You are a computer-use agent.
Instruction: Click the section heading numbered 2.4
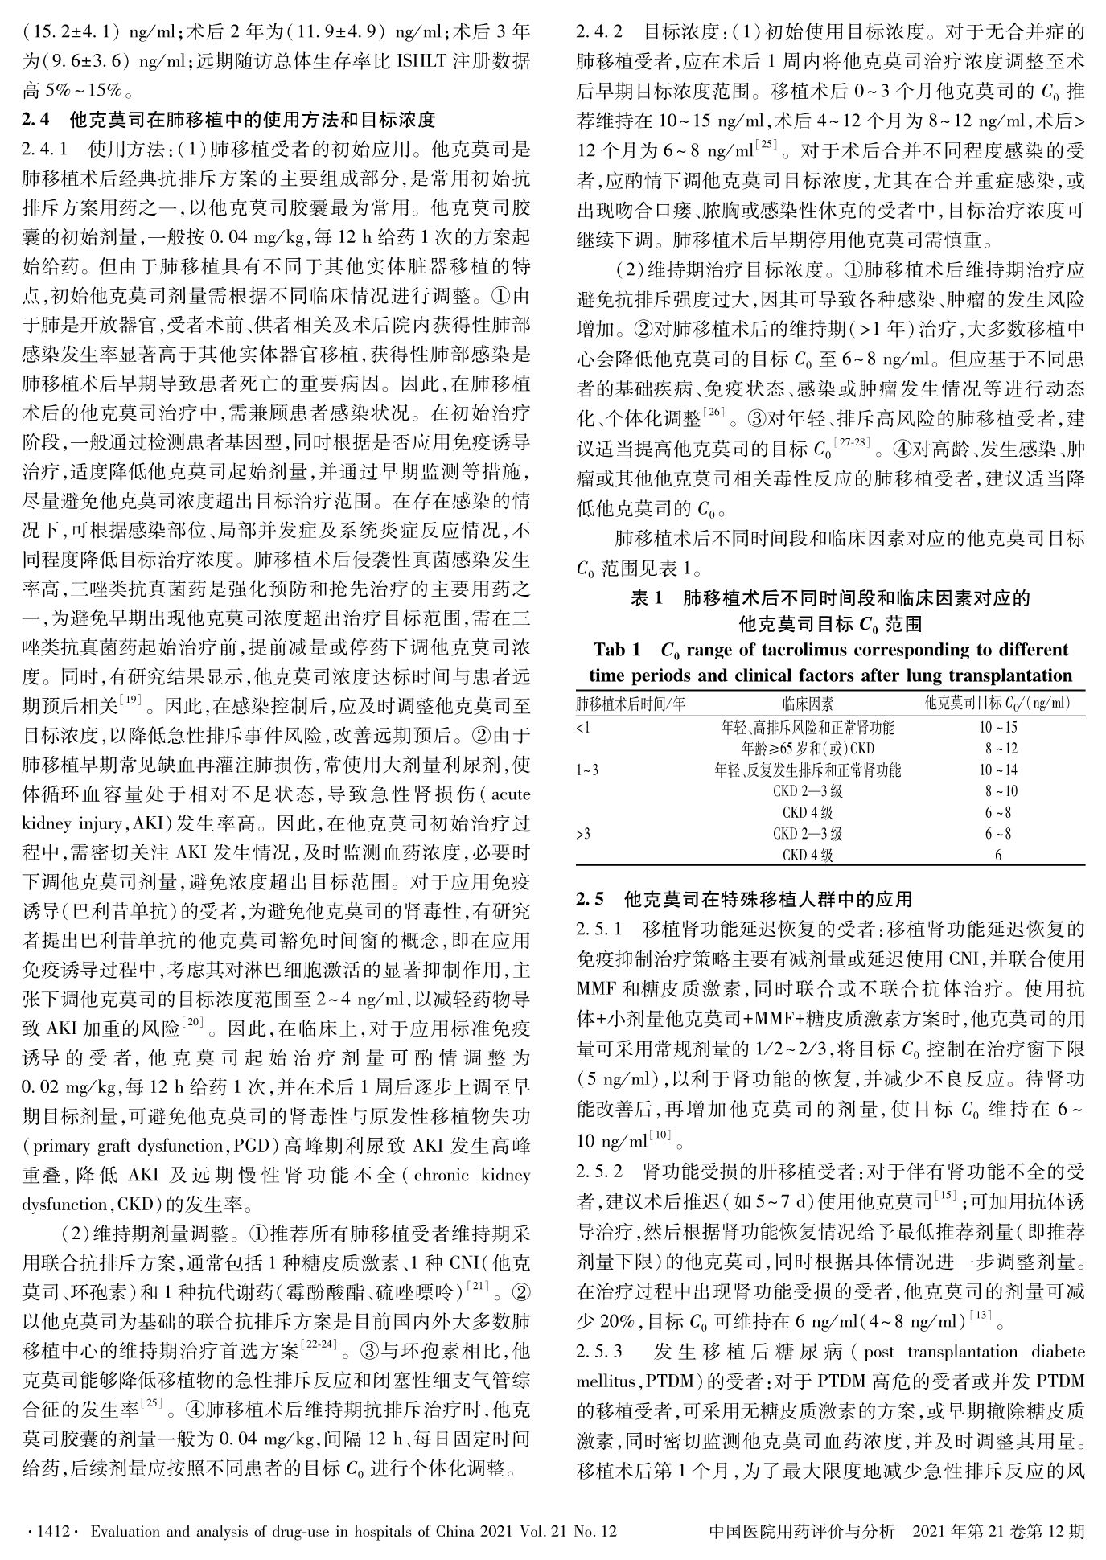pyautogui.click(x=228, y=121)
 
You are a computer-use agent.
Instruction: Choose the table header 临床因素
pyautogui.click(x=808, y=704)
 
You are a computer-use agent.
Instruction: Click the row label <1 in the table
pyautogui.click(x=583, y=728)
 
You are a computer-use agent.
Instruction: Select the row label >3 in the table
pyautogui.click(x=583, y=834)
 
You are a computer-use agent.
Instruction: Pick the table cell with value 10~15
pyautogui.click(x=998, y=728)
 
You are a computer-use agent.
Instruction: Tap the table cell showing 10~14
pyautogui.click(x=998, y=770)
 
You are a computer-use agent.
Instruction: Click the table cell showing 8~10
pyautogui.click(x=998, y=791)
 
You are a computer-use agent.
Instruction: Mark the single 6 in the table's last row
pyautogui.click(x=998, y=855)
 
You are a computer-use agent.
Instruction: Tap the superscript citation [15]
pyautogui.click(x=944, y=1197)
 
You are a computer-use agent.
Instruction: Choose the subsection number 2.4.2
pyautogui.click(x=599, y=35)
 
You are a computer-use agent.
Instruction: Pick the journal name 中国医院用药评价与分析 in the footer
pyautogui.click(x=803, y=1531)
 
